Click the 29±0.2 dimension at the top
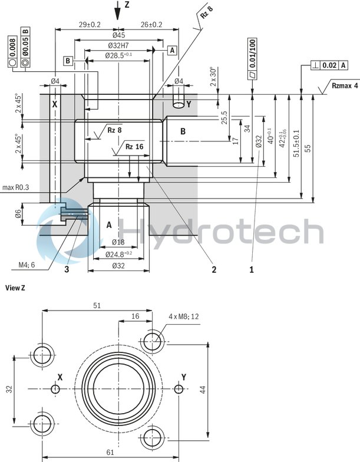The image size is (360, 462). click(90, 24)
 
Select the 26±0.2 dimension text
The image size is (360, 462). click(148, 24)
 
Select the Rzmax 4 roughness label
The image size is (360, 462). click(345, 85)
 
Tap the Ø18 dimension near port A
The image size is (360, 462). click(118, 243)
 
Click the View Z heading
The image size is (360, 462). click(15, 288)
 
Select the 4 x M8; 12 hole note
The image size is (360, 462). click(184, 316)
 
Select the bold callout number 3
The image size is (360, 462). click(67, 270)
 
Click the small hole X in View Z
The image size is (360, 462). click(56, 389)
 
